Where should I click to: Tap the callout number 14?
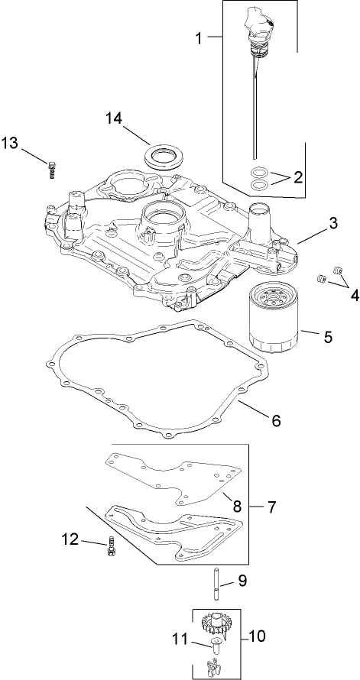114,118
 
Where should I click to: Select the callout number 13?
10,143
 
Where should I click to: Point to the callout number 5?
326,335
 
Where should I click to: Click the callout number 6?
276,420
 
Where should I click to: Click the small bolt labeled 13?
52,169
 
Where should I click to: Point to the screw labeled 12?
113,547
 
